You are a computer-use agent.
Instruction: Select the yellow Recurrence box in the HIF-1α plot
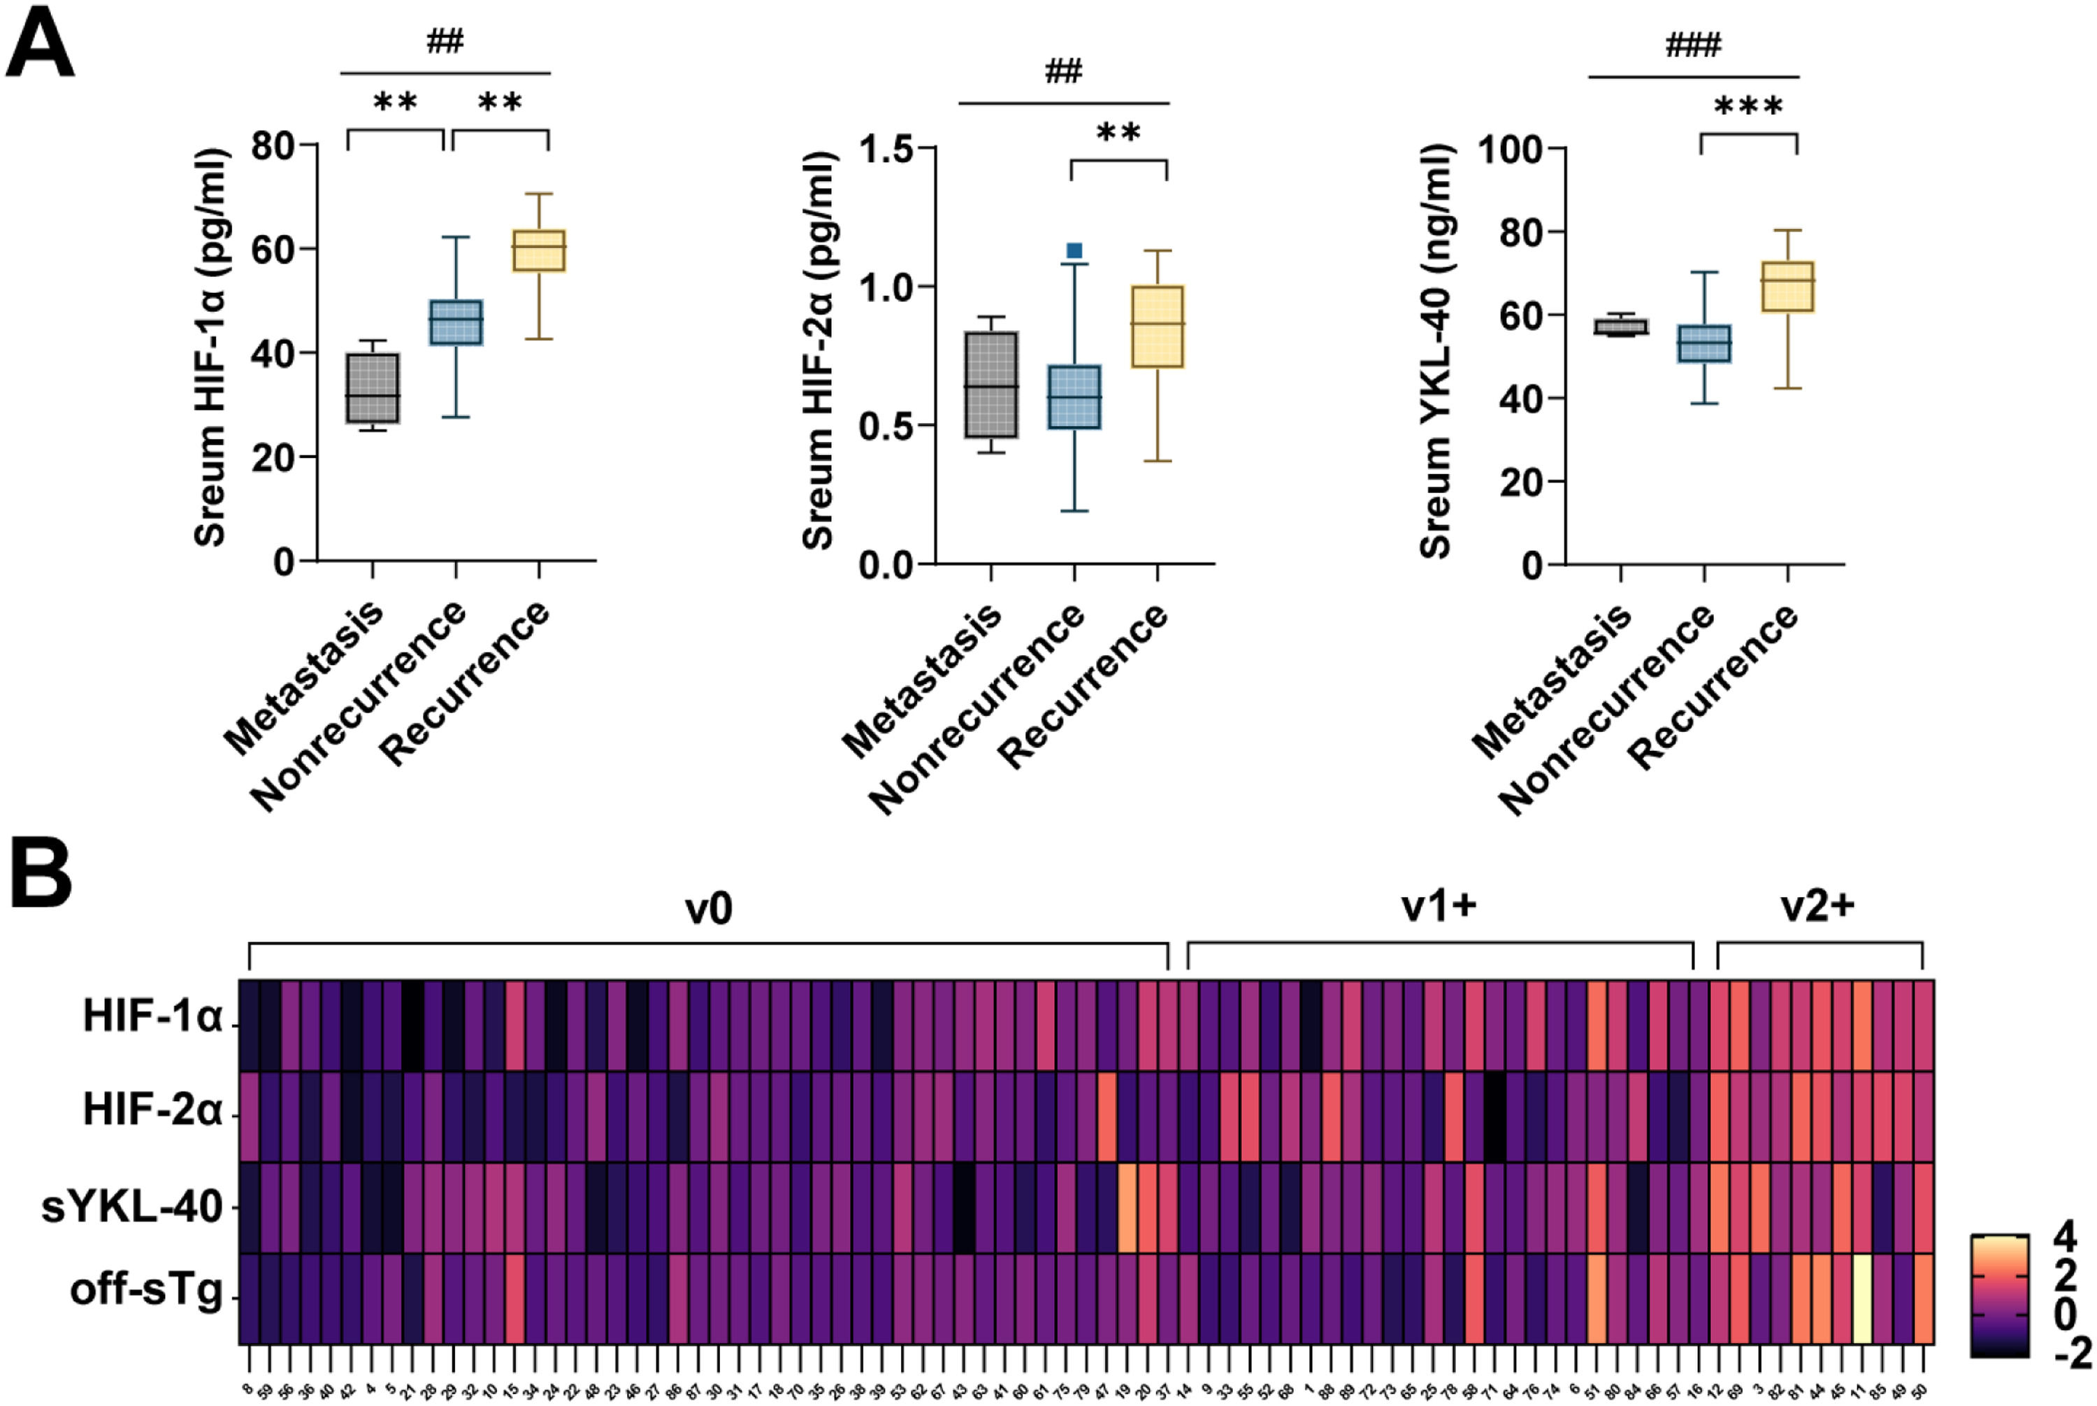(539, 250)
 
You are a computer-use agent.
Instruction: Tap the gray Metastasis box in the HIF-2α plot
(990, 385)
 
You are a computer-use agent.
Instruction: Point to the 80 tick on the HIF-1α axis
(273, 145)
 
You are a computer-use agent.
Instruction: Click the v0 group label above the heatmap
(708, 908)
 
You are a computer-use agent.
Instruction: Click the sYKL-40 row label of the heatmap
(132, 1207)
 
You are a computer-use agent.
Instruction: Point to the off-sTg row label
(146, 1291)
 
